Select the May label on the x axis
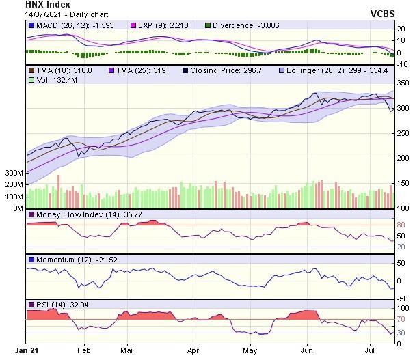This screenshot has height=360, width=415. coord(250,350)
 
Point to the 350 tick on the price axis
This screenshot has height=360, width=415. coord(402,83)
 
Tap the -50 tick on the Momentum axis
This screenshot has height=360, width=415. coord(402,299)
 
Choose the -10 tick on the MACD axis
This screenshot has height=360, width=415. coord(402,64)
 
